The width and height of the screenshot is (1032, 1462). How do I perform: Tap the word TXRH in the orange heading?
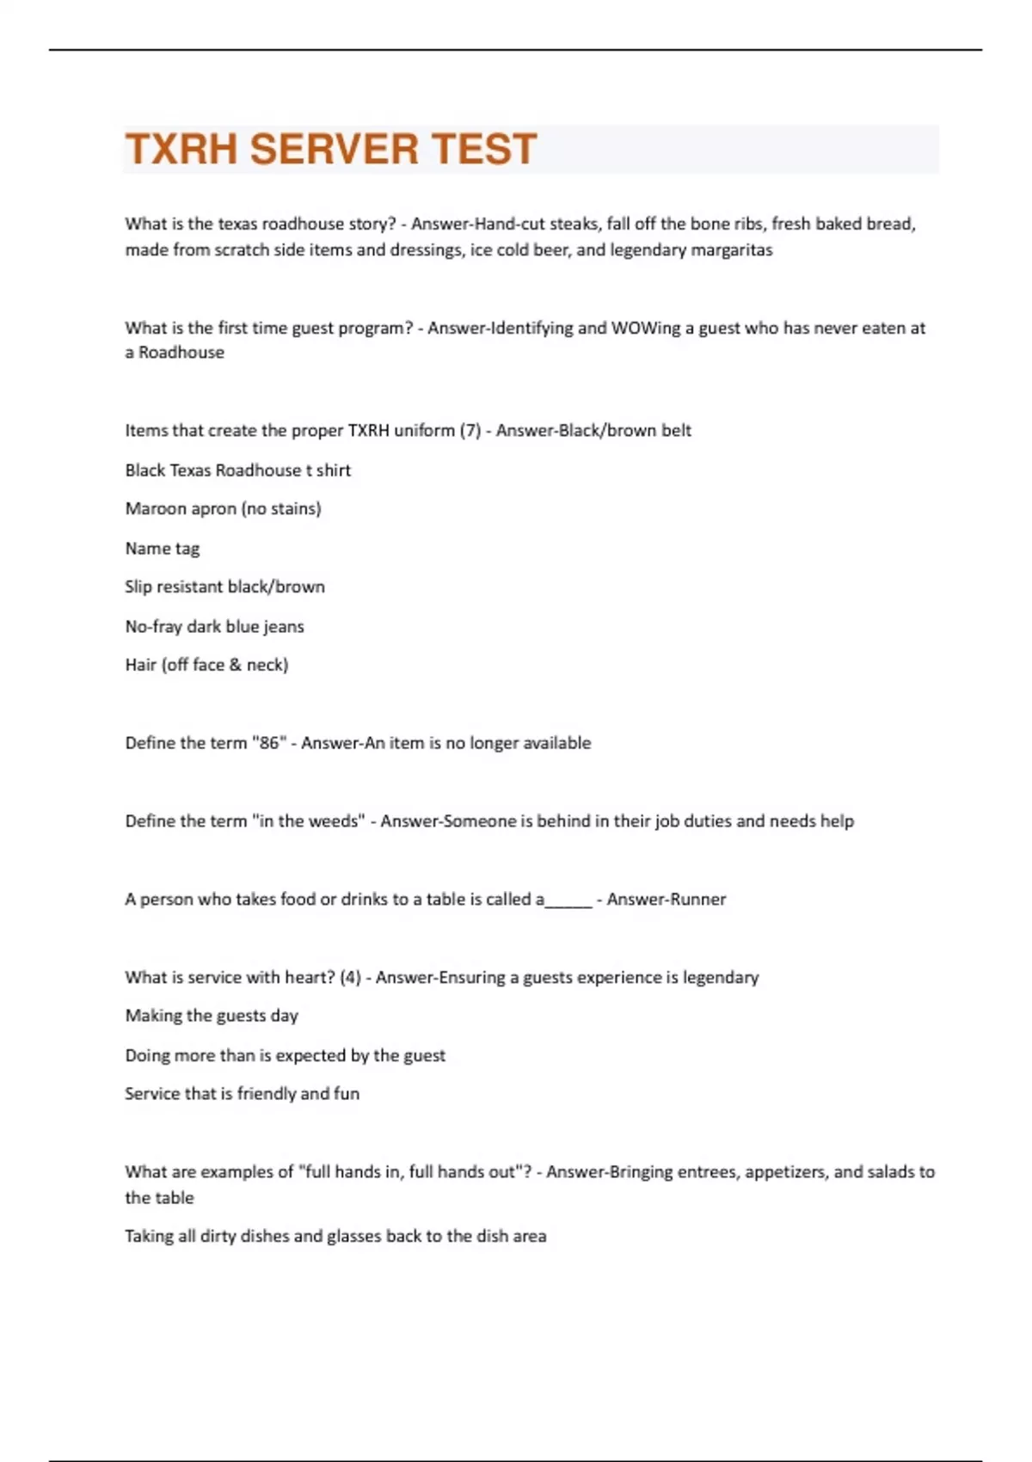(x=181, y=149)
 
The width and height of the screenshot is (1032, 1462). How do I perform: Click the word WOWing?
(x=645, y=328)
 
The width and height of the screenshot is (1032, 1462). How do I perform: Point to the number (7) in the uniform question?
(x=470, y=430)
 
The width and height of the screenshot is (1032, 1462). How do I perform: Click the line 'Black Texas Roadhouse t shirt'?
(x=237, y=470)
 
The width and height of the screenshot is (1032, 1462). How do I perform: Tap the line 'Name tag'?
(x=162, y=548)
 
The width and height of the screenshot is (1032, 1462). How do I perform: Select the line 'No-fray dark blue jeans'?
(x=214, y=626)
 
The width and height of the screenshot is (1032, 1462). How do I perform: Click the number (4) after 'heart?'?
(x=350, y=978)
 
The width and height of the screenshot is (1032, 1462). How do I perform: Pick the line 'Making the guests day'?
(x=212, y=1016)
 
